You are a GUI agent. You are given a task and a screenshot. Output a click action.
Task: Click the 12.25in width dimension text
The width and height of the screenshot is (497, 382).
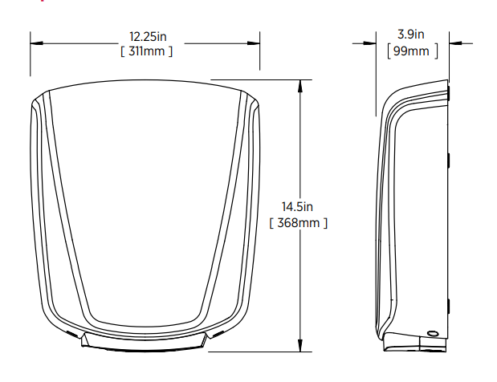[x=148, y=36]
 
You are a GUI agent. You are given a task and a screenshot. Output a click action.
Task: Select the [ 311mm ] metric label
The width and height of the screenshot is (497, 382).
[x=146, y=51]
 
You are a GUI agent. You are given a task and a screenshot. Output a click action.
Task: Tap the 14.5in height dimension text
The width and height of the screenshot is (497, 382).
[x=297, y=207]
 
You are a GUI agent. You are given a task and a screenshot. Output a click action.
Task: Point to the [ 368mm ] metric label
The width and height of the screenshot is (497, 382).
[x=298, y=223]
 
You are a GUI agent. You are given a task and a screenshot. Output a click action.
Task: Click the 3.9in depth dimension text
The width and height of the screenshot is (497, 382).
[x=411, y=35]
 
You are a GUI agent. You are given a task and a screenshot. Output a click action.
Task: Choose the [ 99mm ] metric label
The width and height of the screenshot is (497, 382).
[x=413, y=51]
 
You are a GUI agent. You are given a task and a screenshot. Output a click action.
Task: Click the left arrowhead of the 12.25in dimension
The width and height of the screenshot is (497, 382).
[x=36, y=43]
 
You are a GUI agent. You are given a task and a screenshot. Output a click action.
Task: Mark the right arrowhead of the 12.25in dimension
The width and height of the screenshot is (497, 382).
[x=254, y=43]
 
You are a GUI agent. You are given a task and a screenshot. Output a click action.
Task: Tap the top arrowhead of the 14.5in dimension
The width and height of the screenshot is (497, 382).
[x=300, y=86]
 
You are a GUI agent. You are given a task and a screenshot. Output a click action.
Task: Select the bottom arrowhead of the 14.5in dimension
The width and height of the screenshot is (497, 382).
[x=300, y=345]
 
